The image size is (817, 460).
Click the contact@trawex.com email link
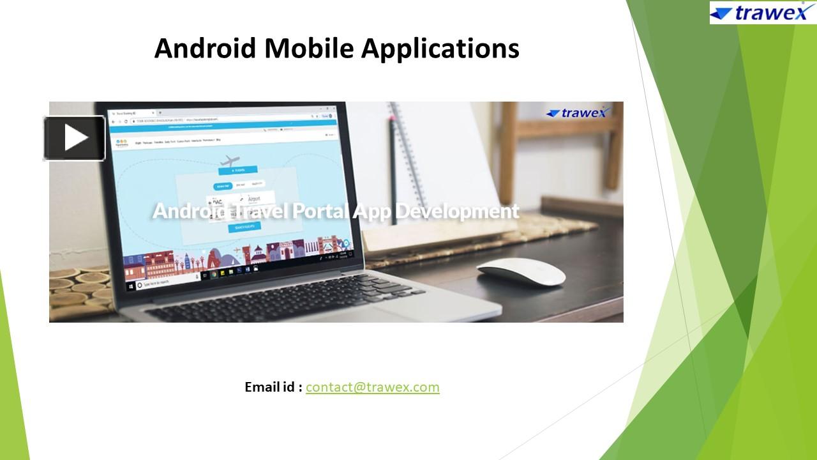tap(372, 387)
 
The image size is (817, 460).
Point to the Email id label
tap(273, 387)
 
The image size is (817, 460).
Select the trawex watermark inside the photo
tap(578, 113)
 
